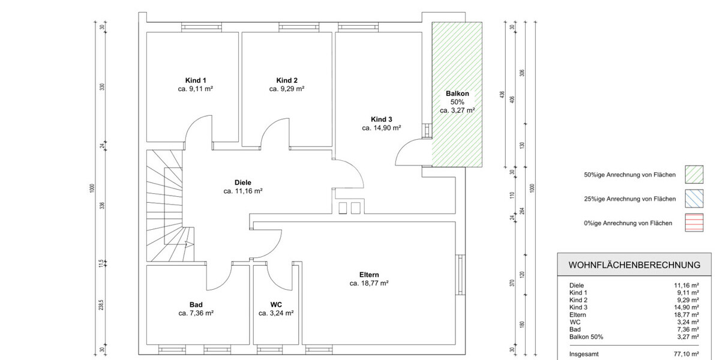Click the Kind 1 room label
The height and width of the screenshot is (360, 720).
click(x=196, y=80)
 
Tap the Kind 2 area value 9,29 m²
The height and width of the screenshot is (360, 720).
click(x=292, y=89)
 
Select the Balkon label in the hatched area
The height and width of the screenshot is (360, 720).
click(x=457, y=94)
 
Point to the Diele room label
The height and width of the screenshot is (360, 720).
click(x=242, y=182)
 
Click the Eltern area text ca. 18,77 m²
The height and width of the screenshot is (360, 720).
click(x=369, y=283)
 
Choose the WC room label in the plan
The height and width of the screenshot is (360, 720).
click(x=276, y=305)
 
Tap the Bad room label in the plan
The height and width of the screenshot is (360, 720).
click(x=196, y=305)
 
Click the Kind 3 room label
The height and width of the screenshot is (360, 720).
click(x=381, y=119)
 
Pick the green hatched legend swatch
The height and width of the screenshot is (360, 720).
click(x=694, y=175)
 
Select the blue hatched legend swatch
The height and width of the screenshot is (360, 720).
click(x=694, y=199)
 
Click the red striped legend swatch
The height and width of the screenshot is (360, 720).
click(x=694, y=223)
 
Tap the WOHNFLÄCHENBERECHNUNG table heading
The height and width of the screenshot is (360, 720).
click(x=634, y=265)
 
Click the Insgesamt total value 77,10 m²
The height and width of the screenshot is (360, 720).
click(x=686, y=354)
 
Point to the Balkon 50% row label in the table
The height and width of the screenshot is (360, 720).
click(x=586, y=337)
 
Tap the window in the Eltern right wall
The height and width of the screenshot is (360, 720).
click(x=460, y=275)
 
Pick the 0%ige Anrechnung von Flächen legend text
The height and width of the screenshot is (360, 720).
click(x=628, y=223)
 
